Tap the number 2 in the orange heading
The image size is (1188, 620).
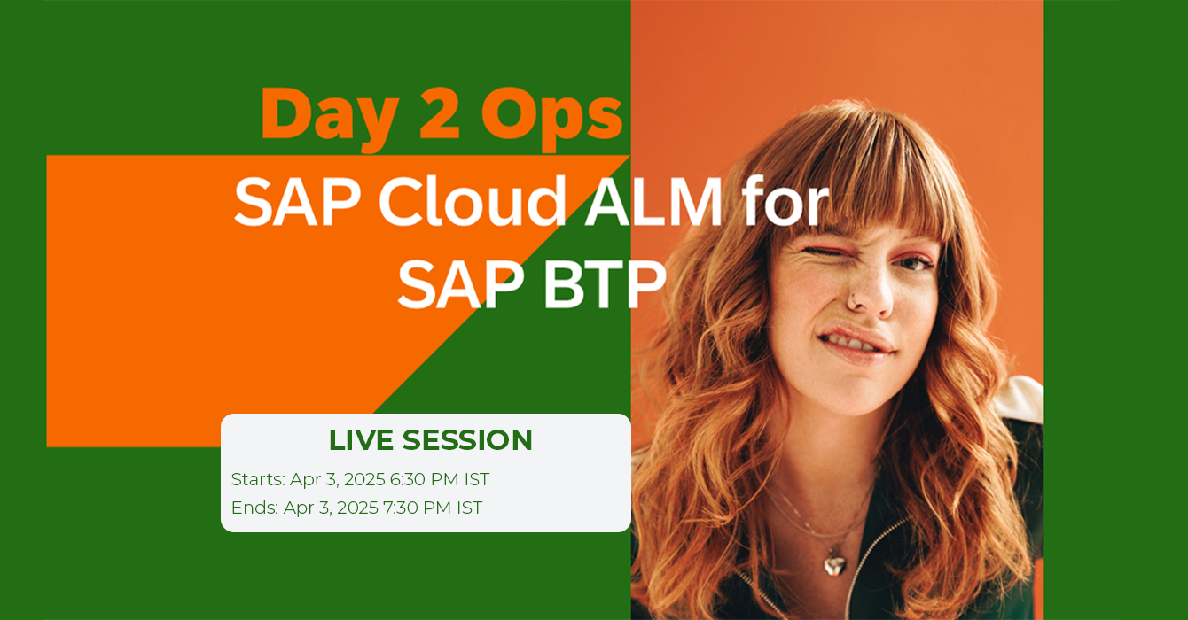tap(440, 113)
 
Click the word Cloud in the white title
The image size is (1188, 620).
tap(472, 201)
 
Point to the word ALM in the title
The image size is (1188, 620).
tap(653, 201)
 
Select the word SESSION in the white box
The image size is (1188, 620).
tap(467, 440)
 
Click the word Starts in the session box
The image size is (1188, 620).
tap(258, 479)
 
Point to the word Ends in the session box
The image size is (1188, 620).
tap(254, 508)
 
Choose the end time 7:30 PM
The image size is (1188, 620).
tap(418, 508)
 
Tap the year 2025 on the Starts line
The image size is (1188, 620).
tap(364, 479)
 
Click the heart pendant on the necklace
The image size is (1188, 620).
tap(835, 563)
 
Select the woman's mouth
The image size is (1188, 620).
tap(855, 344)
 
